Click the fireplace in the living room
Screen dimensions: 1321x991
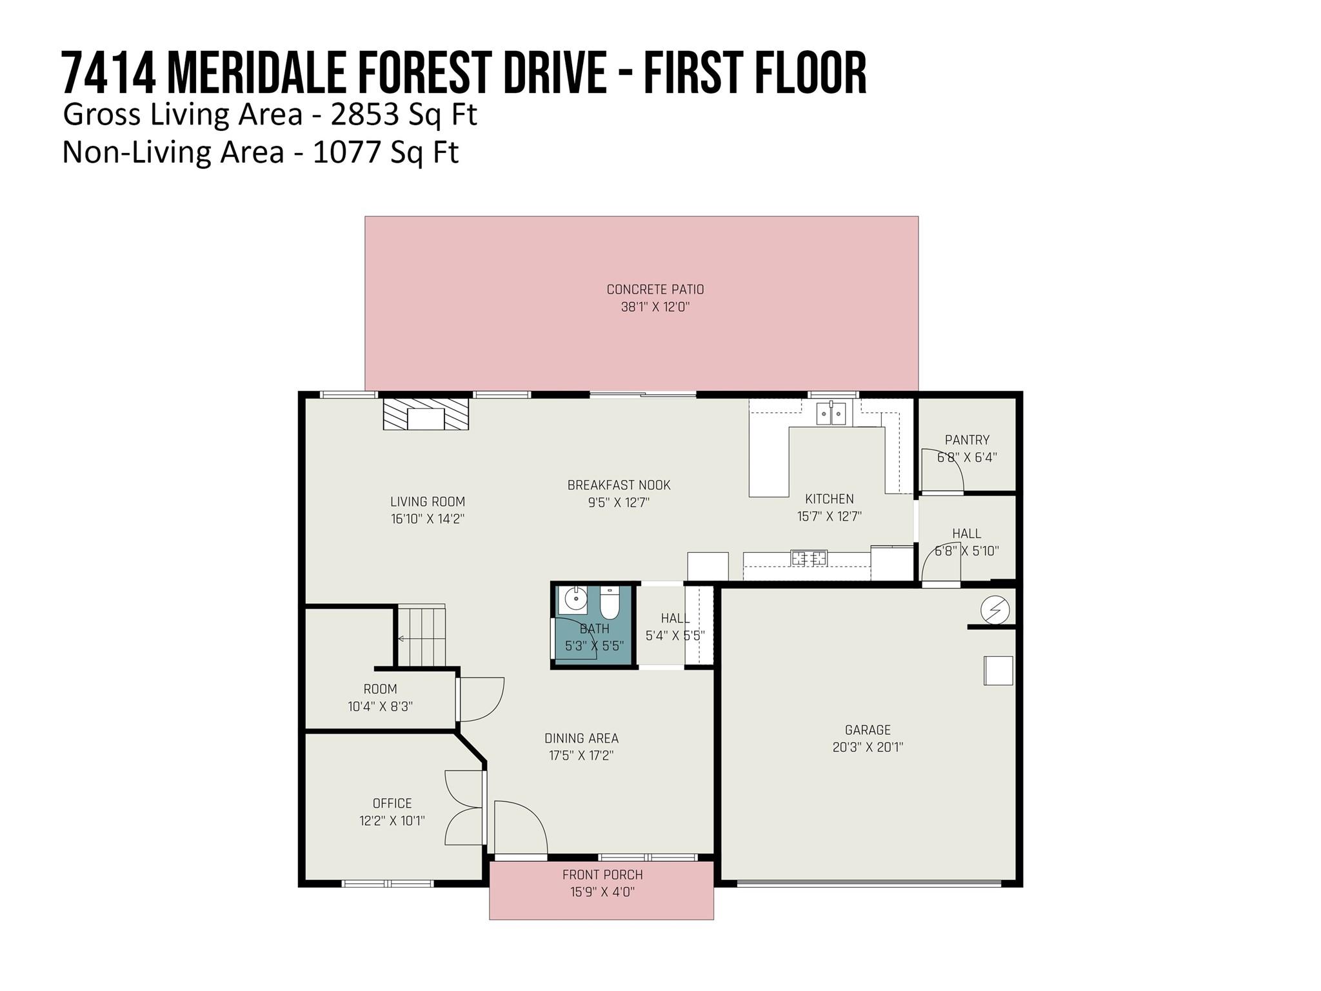coord(426,414)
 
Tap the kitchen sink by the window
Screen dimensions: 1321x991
coord(831,413)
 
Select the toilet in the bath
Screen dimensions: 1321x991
coord(610,602)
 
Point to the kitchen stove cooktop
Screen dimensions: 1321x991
coord(809,557)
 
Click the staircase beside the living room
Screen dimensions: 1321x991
coord(421,636)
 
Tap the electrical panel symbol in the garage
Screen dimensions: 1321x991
coord(995,609)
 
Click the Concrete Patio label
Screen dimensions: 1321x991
coord(655,290)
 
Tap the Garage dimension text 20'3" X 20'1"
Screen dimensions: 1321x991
coord(868,747)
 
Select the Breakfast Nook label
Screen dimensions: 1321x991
coord(619,485)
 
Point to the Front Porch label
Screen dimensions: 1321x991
coord(602,875)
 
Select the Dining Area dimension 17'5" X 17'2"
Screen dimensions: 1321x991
coord(581,756)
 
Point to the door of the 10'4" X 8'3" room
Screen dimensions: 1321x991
coord(480,699)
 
